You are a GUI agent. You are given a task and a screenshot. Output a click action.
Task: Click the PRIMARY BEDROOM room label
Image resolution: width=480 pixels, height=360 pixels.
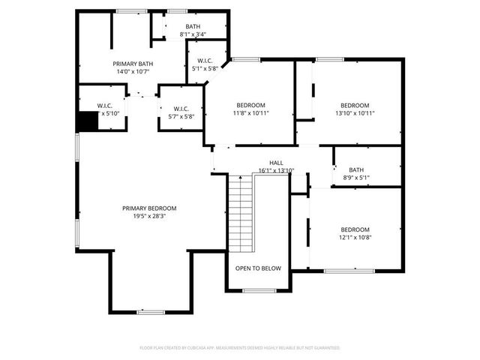pos(150,208)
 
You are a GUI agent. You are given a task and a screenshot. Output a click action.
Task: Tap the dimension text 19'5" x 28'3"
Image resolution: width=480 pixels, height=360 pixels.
pos(150,216)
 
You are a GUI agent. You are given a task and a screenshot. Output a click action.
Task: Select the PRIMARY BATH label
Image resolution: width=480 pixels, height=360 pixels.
pos(133,64)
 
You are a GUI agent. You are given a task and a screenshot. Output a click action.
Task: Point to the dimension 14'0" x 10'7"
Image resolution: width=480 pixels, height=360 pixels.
pos(133,73)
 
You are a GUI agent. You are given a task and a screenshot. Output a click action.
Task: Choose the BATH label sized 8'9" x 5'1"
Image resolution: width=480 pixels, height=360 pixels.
pos(355,169)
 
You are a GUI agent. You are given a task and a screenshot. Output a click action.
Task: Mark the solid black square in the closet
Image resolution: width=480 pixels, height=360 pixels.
pos(89,121)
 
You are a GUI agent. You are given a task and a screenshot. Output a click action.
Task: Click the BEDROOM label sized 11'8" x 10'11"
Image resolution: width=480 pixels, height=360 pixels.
pos(250,105)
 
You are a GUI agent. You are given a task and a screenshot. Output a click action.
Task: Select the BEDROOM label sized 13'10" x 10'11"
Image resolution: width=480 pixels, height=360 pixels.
pos(355,105)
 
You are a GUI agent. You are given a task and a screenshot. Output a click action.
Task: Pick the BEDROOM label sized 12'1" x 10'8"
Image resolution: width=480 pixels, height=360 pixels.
pos(355,229)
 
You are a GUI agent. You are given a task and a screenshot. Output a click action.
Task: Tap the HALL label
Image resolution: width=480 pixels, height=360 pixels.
pos(276,163)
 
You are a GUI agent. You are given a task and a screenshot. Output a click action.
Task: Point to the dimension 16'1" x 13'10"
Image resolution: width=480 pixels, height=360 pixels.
pos(276,170)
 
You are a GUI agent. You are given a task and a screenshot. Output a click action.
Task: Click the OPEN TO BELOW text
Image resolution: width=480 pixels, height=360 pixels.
pos(258,268)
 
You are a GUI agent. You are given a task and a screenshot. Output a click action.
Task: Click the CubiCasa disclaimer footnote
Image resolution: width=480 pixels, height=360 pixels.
pos(240,348)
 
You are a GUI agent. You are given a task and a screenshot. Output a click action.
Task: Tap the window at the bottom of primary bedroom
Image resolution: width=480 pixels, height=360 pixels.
pos(151,311)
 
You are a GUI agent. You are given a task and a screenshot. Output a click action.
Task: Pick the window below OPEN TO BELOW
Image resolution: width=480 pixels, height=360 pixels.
pos(259,290)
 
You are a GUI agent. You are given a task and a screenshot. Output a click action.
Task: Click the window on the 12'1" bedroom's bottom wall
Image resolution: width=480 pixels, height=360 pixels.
pos(349,271)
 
